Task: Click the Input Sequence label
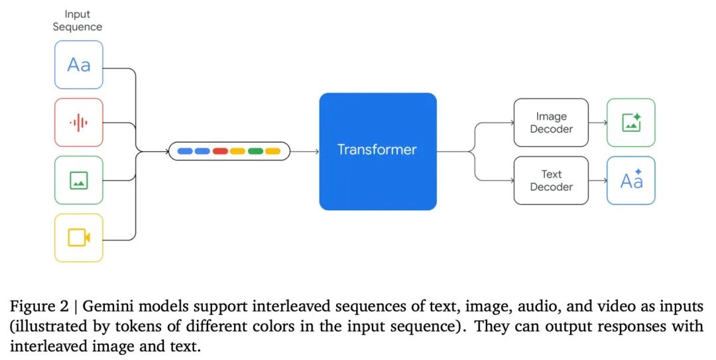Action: click(78, 20)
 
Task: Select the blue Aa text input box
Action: click(78, 64)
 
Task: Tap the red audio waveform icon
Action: click(78, 122)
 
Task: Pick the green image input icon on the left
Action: click(78, 180)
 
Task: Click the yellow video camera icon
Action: click(78, 237)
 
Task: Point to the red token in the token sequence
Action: click(220, 151)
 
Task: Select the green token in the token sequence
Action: click(255, 151)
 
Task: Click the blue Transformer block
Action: click(377, 151)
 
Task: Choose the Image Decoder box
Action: click(551, 123)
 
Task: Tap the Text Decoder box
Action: click(551, 180)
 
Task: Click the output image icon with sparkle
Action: click(630, 123)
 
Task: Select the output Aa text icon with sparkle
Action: click(630, 180)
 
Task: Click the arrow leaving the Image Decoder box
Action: click(597, 123)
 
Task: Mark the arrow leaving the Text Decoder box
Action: click(597, 180)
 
